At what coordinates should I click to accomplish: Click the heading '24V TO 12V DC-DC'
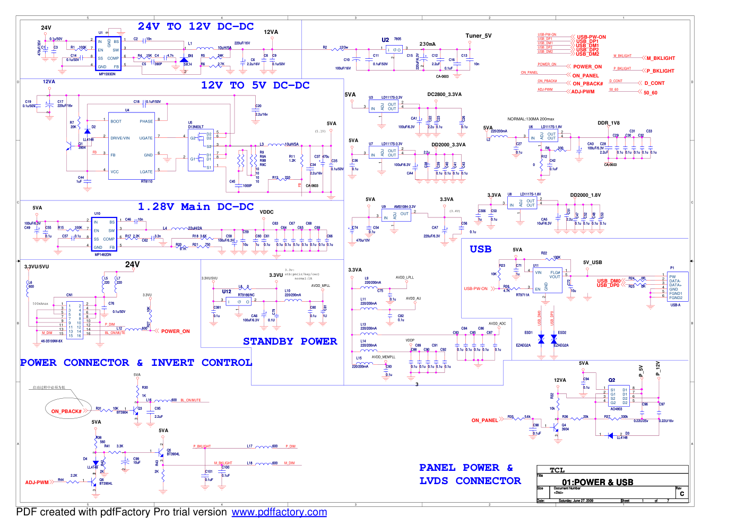196,27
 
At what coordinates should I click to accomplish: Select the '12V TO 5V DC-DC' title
255,85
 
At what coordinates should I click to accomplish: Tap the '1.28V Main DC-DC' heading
196,207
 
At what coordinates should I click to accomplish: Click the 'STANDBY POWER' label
290,341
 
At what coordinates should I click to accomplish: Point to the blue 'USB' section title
480,249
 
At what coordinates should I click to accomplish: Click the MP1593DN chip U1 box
108,54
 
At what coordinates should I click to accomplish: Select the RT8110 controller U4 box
132,146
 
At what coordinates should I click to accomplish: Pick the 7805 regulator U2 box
395,50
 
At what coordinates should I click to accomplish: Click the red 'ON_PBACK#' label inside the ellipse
66,411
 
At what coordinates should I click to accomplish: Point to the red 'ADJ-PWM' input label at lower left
37,483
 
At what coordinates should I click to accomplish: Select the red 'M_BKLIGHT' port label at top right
661,58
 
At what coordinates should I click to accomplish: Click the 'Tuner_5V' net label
479,36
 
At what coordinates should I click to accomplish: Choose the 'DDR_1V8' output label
609,123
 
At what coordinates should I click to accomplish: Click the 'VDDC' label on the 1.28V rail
266,212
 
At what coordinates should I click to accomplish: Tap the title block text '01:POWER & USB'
597,482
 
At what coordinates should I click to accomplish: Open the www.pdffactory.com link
279,512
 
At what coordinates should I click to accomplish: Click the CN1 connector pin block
75,320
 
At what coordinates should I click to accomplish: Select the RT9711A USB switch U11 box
547,279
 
